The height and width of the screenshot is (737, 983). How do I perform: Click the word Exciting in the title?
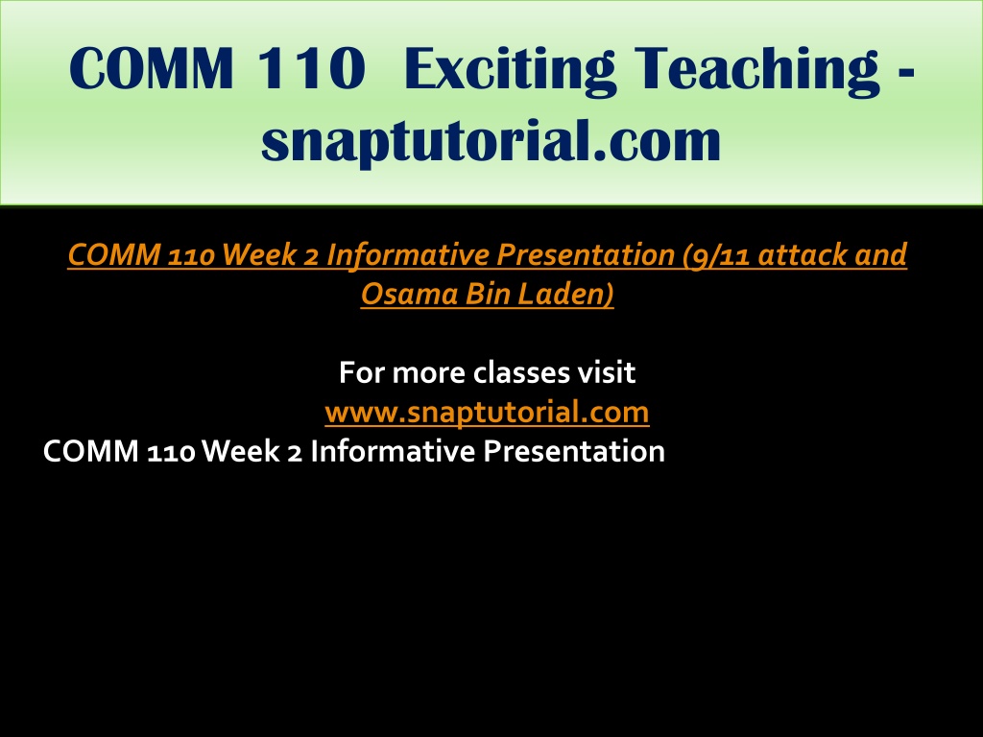pos(510,69)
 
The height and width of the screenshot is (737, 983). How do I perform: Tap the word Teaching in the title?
pos(756,69)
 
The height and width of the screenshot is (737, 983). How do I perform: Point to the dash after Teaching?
pos(906,74)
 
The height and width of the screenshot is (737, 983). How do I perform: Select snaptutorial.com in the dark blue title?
pos(491,140)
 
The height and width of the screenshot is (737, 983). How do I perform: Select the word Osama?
pos(409,294)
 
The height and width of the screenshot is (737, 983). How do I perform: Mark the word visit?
pos(607,372)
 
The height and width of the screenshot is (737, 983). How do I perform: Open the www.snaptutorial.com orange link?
pos(487,413)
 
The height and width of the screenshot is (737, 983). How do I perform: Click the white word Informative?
pos(393,451)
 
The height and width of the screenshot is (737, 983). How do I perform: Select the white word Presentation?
pos(574,451)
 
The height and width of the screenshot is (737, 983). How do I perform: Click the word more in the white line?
pos(429,373)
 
